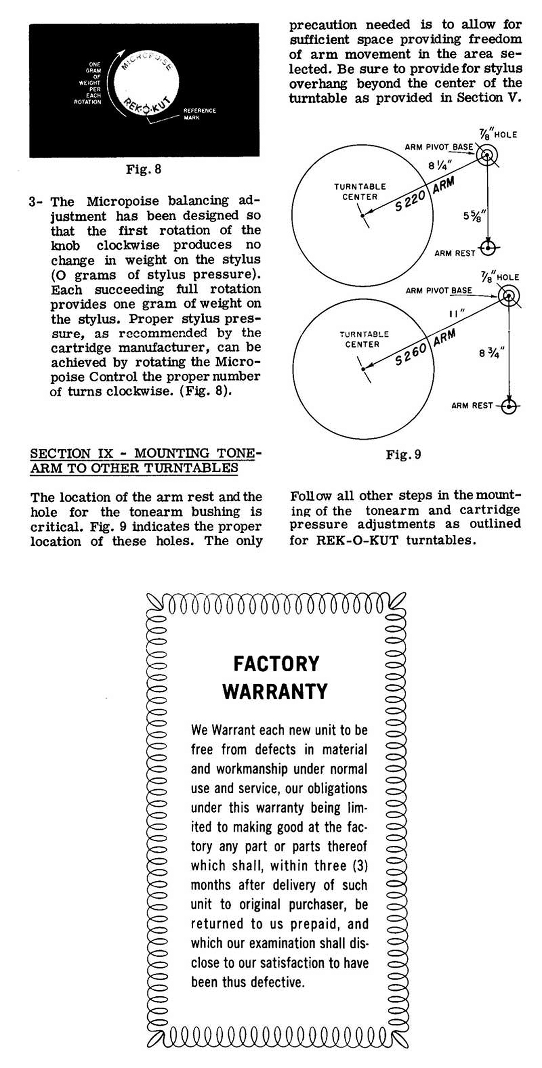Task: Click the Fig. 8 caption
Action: coord(144,169)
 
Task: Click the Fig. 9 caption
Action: coord(403,454)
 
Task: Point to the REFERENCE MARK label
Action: coord(199,114)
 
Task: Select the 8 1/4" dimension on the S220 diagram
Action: coord(440,165)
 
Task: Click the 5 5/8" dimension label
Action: coord(474,216)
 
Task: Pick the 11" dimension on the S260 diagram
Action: coord(457,314)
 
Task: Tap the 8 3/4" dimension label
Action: coord(489,353)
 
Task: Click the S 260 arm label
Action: coord(411,354)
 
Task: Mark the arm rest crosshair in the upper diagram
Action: coord(488,248)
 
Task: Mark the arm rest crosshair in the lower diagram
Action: coord(509,406)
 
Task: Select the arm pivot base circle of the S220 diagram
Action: coord(486,157)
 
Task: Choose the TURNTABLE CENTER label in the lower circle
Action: coord(363,339)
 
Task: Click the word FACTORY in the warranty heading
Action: coord(276,664)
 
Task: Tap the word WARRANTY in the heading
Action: coord(275,691)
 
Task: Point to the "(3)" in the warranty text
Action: coord(360,866)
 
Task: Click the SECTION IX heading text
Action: coord(146,461)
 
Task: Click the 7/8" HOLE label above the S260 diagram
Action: coord(500,277)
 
